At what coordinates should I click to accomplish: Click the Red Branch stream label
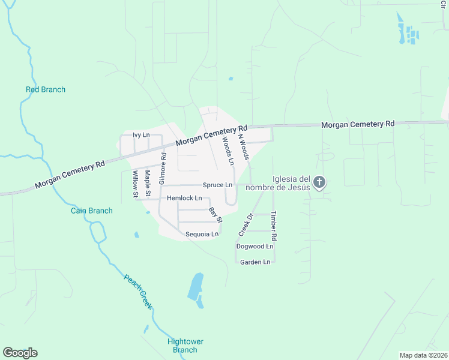[x=46, y=90]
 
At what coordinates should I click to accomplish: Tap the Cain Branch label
[x=88, y=210]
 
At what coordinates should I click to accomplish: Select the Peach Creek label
[x=138, y=292]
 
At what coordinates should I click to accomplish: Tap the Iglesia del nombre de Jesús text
[x=291, y=182]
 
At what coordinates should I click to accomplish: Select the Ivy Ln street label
[x=141, y=135]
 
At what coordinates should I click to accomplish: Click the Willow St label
[x=134, y=184]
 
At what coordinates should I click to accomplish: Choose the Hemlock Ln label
[x=184, y=198]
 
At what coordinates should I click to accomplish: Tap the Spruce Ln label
[x=217, y=185]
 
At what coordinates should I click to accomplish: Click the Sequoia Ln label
[x=202, y=234]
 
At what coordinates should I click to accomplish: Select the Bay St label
[x=215, y=214]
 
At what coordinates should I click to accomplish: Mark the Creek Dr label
[x=244, y=225]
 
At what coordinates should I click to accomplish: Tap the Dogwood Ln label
[x=255, y=247]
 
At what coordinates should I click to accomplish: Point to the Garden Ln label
[x=255, y=262]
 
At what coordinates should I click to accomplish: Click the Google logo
[x=20, y=353]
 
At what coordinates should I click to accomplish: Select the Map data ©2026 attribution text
[x=423, y=355]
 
